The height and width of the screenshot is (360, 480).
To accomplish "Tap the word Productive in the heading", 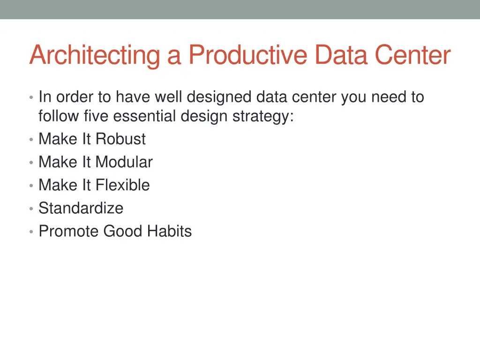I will click(247, 55).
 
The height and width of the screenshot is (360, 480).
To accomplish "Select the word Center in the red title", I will click(412, 55).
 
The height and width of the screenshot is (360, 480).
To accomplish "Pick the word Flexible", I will click(122, 185).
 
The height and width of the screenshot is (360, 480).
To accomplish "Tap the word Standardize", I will click(81, 208).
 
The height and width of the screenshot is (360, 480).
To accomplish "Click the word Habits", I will click(169, 231).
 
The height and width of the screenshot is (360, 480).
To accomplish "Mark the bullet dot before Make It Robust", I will click(30, 140).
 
